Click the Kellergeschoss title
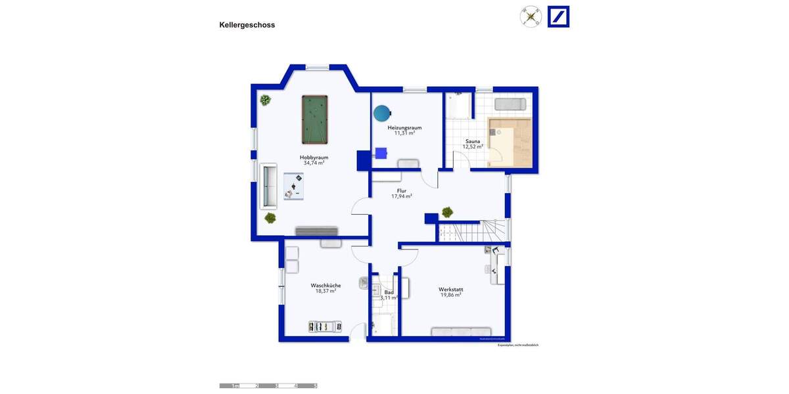click(x=247, y=25)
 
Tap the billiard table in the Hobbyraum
click(x=314, y=119)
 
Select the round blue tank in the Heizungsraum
click(x=381, y=114)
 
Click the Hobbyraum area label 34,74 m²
click(x=314, y=163)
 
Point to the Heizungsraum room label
click(x=404, y=127)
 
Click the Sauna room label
click(x=472, y=141)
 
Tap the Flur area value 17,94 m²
click(x=402, y=196)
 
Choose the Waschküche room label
click(x=325, y=285)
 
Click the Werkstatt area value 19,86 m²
click(x=450, y=295)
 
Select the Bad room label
click(x=389, y=292)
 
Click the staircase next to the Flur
click(x=473, y=230)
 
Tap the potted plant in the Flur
click(x=447, y=211)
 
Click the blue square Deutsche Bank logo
click(x=558, y=16)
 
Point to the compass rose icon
click(x=531, y=16)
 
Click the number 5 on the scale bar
click(x=315, y=386)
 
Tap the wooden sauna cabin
click(x=511, y=142)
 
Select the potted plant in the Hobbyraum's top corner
click(x=265, y=100)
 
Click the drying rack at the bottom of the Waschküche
click(x=325, y=326)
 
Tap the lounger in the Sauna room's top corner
click(x=510, y=104)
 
